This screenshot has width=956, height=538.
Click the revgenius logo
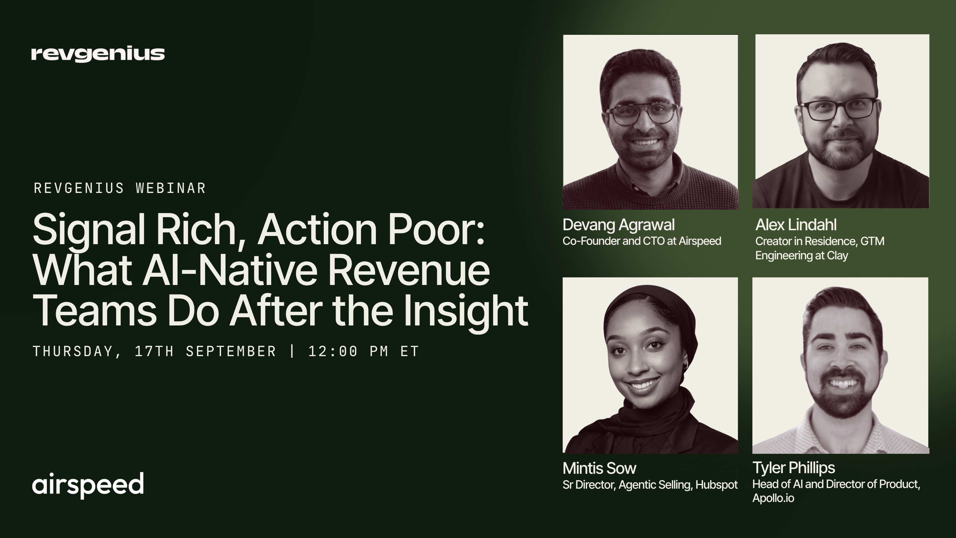98,54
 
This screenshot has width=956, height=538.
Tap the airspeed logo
88,485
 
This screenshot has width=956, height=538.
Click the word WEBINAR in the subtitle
171,188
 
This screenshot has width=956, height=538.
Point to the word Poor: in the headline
436,229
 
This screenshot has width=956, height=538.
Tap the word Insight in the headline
466,311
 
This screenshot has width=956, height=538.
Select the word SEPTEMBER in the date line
231,351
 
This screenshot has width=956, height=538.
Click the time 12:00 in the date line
333,351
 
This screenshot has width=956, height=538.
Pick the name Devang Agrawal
619,225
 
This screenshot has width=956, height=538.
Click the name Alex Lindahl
796,225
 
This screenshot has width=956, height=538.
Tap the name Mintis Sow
599,468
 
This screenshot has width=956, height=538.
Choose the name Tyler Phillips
794,468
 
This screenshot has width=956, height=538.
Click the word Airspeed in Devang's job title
700,241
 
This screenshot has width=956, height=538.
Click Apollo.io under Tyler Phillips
773,498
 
